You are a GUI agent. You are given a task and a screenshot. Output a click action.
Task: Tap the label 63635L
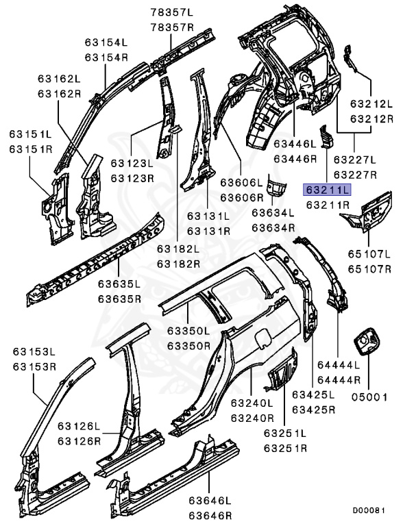point(119,284)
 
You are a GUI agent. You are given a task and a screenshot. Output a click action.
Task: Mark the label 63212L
point(371,105)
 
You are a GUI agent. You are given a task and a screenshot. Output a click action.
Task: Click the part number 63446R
point(296,158)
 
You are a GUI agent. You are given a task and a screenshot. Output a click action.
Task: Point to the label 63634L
point(273,213)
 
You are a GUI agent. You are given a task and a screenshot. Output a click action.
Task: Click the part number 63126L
point(79,425)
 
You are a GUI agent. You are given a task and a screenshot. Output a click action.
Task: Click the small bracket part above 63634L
point(276,186)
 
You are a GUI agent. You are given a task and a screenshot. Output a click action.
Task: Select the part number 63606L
point(241,183)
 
